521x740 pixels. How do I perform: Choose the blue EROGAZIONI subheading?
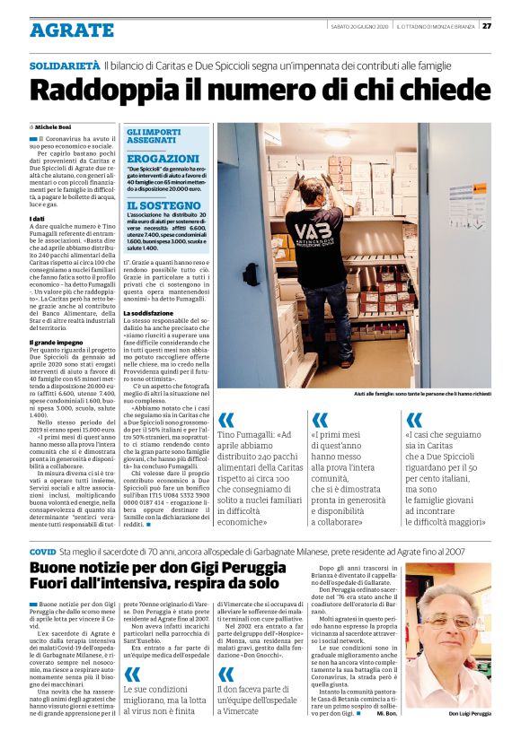point(163,159)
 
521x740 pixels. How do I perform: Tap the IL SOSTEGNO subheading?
point(163,206)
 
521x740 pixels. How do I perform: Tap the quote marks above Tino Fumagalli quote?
point(226,420)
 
